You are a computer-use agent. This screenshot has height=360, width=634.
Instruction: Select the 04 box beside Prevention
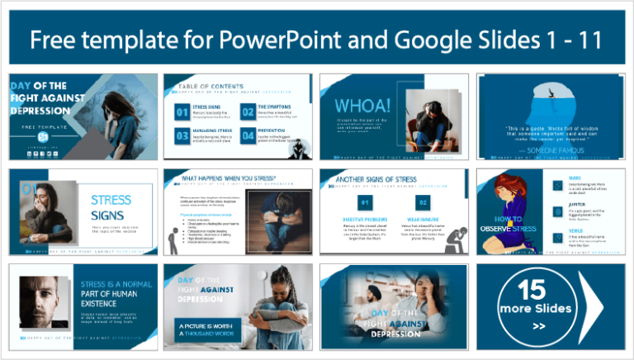pyautogui.click(x=247, y=135)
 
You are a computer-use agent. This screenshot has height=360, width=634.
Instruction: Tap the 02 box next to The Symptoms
pyautogui.click(x=247, y=111)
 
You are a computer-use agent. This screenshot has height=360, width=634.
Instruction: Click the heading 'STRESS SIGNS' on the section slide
pyautogui.click(x=111, y=206)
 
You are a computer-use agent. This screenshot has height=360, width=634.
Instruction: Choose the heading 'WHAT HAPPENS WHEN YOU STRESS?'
pyautogui.click(x=218, y=177)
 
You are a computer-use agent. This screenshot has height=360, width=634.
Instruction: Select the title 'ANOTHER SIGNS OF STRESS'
pyautogui.click(x=376, y=178)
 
